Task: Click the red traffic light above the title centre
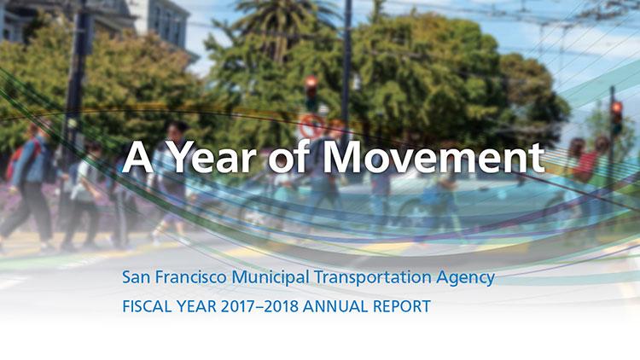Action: (x=311, y=86)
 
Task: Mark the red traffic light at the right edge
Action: (x=616, y=109)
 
